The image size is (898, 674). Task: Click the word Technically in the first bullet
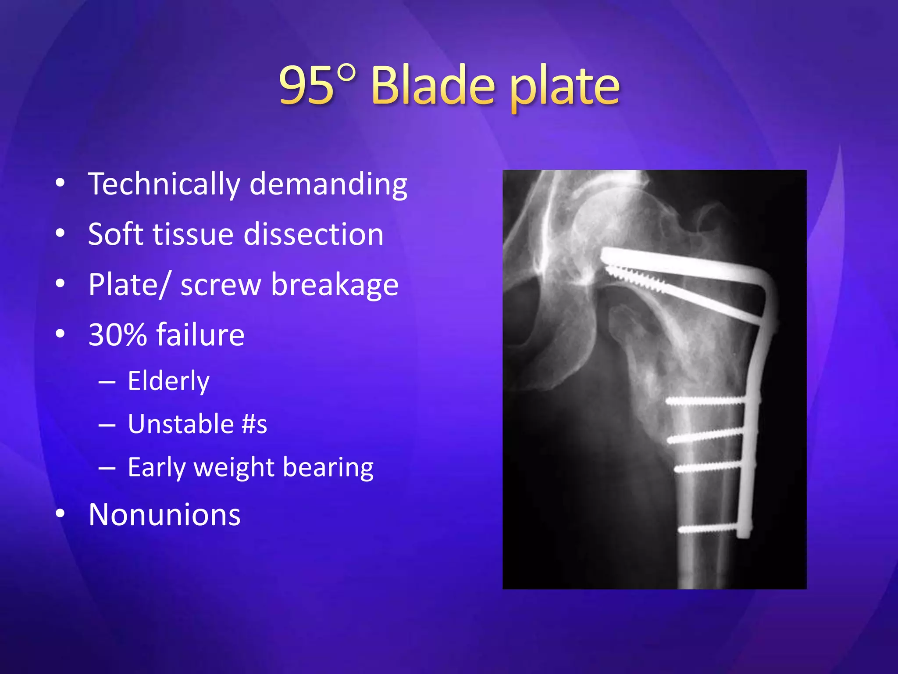tap(164, 184)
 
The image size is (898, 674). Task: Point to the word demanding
tap(328, 184)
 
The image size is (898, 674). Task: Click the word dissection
tap(314, 234)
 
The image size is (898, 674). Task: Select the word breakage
tap(335, 285)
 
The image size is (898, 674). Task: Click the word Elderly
tap(169, 381)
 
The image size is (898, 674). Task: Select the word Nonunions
tap(164, 515)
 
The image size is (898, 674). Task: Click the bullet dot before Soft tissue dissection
tap(61, 233)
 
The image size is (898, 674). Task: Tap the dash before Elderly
tap(107, 382)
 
